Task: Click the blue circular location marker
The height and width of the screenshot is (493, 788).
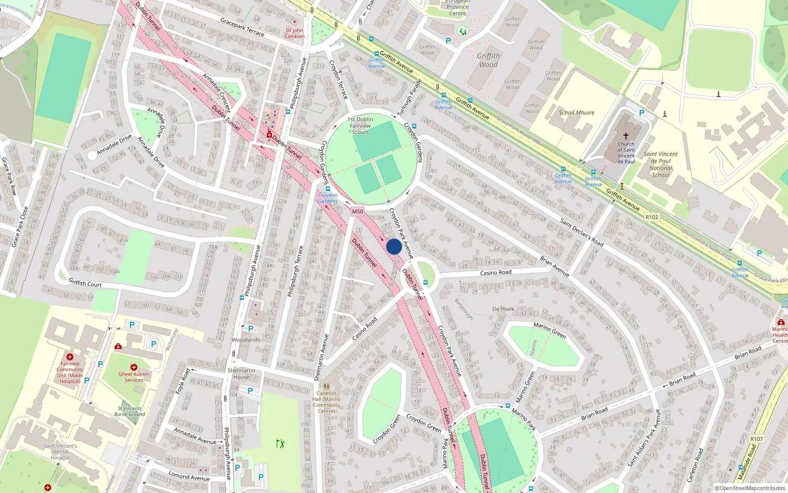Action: (394, 246)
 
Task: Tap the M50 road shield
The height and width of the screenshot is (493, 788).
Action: (357, 211)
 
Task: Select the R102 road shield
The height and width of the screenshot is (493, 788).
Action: (652, 217)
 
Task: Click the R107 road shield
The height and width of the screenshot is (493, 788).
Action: (756, 439)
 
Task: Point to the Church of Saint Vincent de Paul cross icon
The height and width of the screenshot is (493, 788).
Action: (626, 136)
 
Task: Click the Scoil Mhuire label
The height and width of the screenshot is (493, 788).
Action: (576, 112)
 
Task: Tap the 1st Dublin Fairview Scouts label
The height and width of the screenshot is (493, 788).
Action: (360, 126)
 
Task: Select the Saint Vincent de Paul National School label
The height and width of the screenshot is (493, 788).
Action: (660, 164)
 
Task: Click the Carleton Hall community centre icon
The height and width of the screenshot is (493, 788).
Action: (326, 387)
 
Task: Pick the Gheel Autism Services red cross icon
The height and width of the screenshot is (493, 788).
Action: (133, 367)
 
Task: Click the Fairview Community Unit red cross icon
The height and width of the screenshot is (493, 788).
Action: (70, 356)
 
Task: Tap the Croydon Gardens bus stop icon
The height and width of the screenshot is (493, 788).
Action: (328, 189)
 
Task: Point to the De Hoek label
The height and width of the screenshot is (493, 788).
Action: (503, 309)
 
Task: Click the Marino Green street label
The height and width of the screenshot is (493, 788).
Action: (550, 329)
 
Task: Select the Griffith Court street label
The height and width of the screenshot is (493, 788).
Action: (85, 283)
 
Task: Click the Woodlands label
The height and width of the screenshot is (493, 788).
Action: (246, 340)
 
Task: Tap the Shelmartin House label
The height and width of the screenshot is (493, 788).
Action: (241, 374)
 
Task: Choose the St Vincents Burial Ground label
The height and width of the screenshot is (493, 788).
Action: (130, 411)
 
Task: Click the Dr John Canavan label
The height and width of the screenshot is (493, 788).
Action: (295, 33)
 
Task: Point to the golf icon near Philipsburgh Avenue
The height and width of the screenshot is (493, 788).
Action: (280, 444)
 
